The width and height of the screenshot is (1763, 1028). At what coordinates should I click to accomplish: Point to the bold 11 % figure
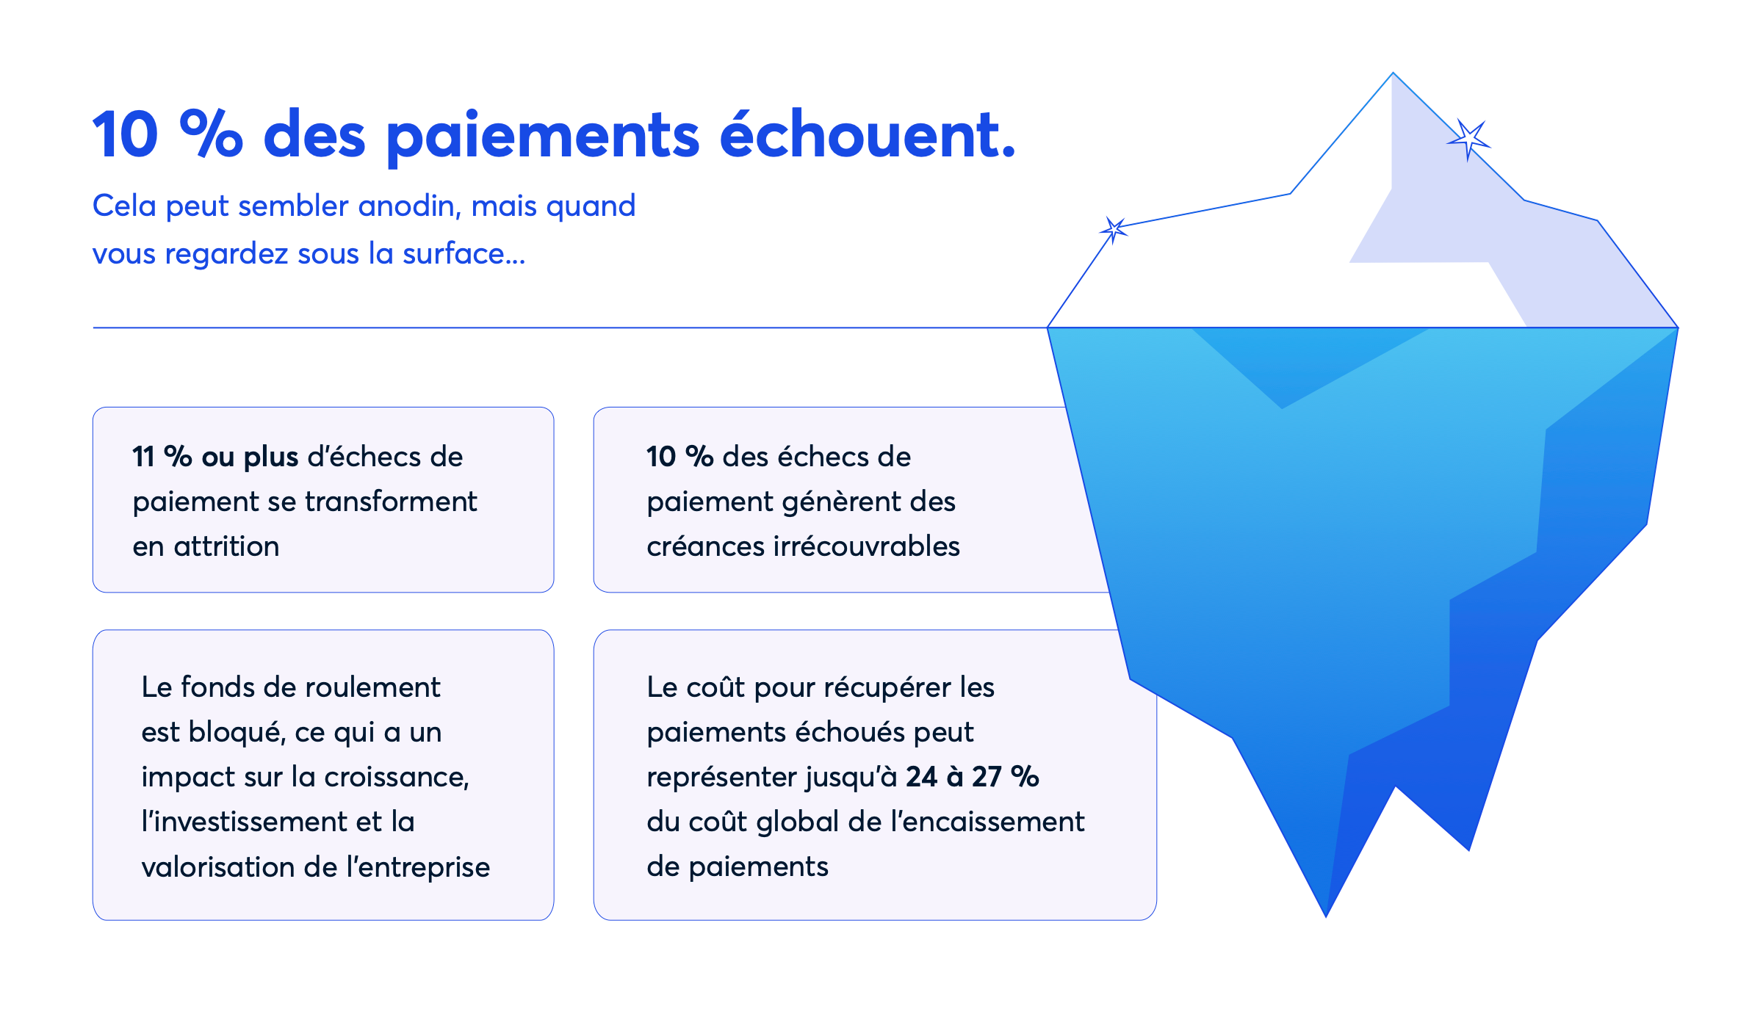coord(162,457)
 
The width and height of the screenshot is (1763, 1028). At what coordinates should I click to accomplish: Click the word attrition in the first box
coord(226,546)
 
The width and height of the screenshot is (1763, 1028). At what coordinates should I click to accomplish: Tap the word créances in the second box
coord(706,547)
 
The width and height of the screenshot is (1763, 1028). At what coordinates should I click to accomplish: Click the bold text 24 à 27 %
coord(973,777)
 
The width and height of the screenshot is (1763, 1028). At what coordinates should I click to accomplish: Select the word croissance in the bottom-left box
coord(397,777)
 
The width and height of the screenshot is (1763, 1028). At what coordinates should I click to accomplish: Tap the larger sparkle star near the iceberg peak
coord(1468,139)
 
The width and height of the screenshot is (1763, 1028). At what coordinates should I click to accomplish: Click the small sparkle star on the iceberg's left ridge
coord(1114,230)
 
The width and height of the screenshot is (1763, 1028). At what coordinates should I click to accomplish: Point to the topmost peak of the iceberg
coord(1393,73)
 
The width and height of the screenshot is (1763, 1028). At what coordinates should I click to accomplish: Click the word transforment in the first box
coord(391,502)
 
